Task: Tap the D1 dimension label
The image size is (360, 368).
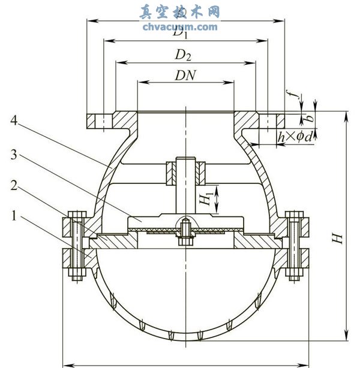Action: (180, 34)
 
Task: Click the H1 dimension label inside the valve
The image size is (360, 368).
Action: (205, 200)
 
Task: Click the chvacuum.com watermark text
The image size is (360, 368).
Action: (180, 27)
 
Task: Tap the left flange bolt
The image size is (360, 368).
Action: (76, 246)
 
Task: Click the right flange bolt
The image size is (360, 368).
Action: (293, 246)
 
